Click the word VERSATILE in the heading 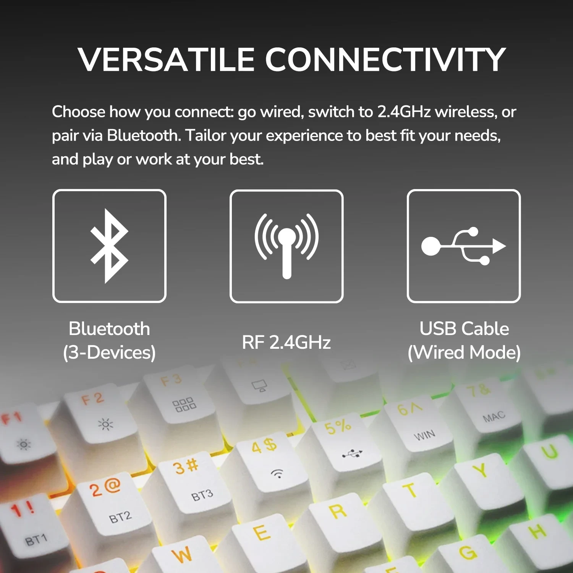point(167,60)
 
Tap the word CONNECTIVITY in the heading point(385,60)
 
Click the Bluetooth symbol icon point(109,246)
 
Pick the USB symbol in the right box point(463,246)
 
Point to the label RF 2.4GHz point(286,342)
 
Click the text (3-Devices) point(109,353)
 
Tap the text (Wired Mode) point(464,353)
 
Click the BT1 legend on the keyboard point(36,540)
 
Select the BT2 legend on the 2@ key point(120,517)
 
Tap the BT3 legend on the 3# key point(202,495)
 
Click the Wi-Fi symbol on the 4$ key point(277,474)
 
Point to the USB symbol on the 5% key point(352,453)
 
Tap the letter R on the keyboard point(338,511)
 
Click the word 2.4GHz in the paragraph point(404,112)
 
